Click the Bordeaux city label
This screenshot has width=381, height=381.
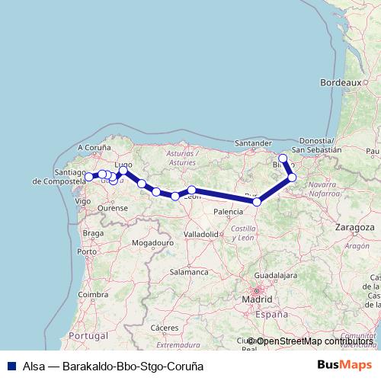340,82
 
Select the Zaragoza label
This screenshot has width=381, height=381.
354,228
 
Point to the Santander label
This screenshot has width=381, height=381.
254,142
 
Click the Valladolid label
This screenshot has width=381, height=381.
201,234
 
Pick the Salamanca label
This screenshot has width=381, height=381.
189,271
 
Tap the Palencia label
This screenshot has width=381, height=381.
228,212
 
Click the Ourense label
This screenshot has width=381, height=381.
113,207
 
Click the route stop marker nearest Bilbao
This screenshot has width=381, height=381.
283,158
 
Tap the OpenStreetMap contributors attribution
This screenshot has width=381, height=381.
312,341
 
